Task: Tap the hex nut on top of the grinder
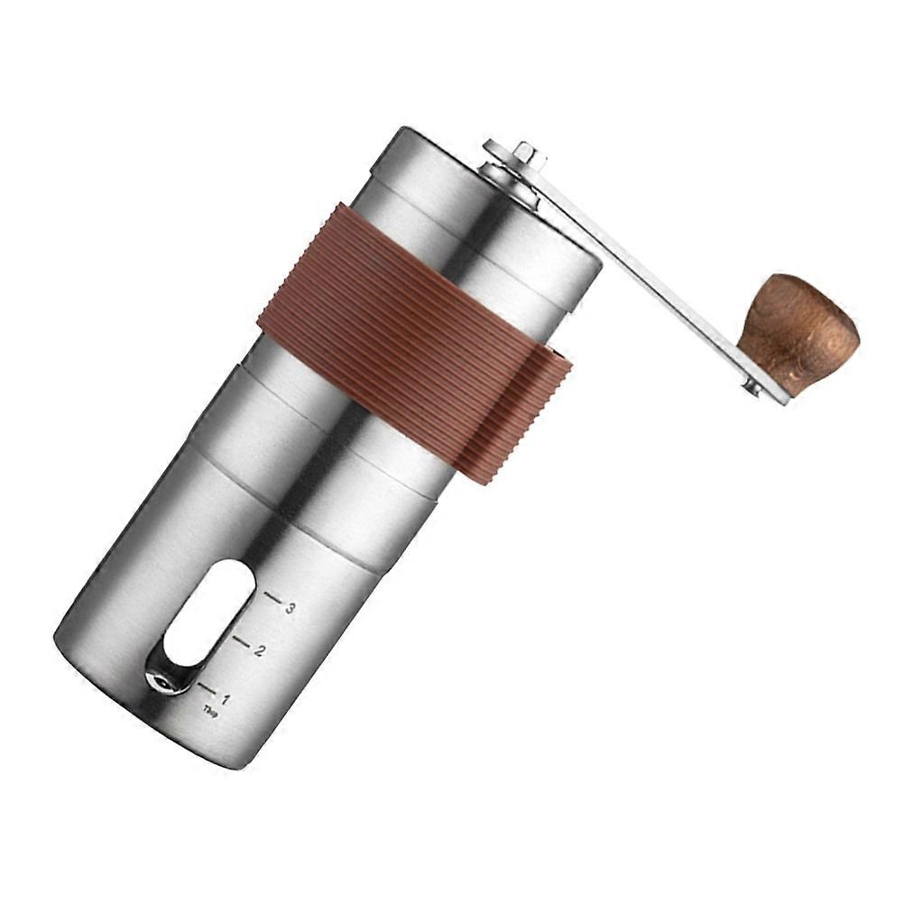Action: click(528, 155)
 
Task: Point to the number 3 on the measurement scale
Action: click(290, 608)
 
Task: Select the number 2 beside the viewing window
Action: click(259, 650)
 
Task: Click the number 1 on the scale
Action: click(225, 698)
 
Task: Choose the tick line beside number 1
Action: click(207, 687)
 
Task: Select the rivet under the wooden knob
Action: click(752, 388)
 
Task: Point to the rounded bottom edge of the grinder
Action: click(135, 713)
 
